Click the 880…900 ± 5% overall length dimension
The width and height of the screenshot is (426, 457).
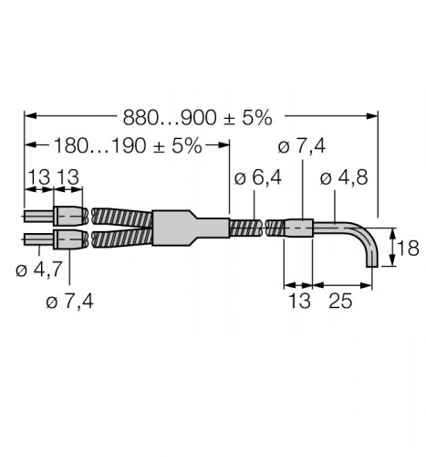pyautogui.click(x=197, y=118)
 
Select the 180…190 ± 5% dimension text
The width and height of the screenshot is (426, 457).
pyautogui.click(x=128, y=146)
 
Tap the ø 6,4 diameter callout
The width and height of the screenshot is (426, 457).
pyautogui.click(x=258, y=178)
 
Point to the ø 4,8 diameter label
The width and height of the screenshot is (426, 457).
pyautogui.click(x=344, y=177)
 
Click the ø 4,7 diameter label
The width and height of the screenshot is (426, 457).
pyautogui.click(x=39, y=270)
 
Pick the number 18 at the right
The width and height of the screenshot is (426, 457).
pyautogui.click(x=408, y=248)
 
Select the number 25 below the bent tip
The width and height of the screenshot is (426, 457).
pyautogui.click(x=340, y=301)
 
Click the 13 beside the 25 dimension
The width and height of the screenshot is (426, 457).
pyautogui.click(x=299, y=301)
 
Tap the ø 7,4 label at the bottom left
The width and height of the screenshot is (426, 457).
pyautogui.click(x=69, y=302)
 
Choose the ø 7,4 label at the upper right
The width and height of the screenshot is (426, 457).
pyautogui.click(x=302, y=146)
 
